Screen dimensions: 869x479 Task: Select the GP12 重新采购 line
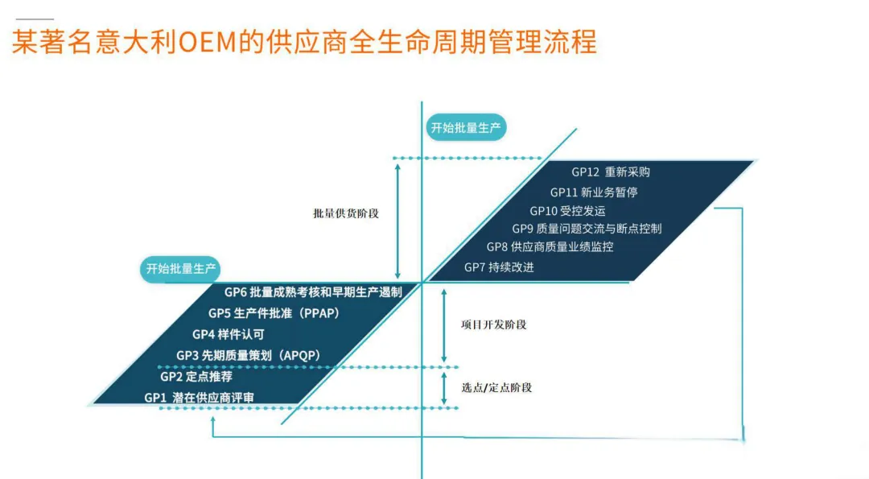[x=611, y=171]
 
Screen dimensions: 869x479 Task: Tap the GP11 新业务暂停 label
[x=594, y=192]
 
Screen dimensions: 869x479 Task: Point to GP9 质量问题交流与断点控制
[x=587, y=229]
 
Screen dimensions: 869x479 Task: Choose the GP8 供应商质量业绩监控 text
[x=550, y=247]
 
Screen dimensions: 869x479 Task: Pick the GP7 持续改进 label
[x=499, y=267]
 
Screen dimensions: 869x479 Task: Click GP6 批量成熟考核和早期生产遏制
[x=313, y=292]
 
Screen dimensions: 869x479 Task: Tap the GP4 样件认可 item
[x=228, y=334]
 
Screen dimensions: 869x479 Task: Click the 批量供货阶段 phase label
[x=346, y=214]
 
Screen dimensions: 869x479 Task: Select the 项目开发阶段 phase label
[x=493, y=324]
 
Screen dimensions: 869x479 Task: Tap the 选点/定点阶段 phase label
[x=496, y=387]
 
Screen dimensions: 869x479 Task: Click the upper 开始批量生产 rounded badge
[x=466, y=128]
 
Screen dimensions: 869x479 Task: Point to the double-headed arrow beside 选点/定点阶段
[x=443, y=387]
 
